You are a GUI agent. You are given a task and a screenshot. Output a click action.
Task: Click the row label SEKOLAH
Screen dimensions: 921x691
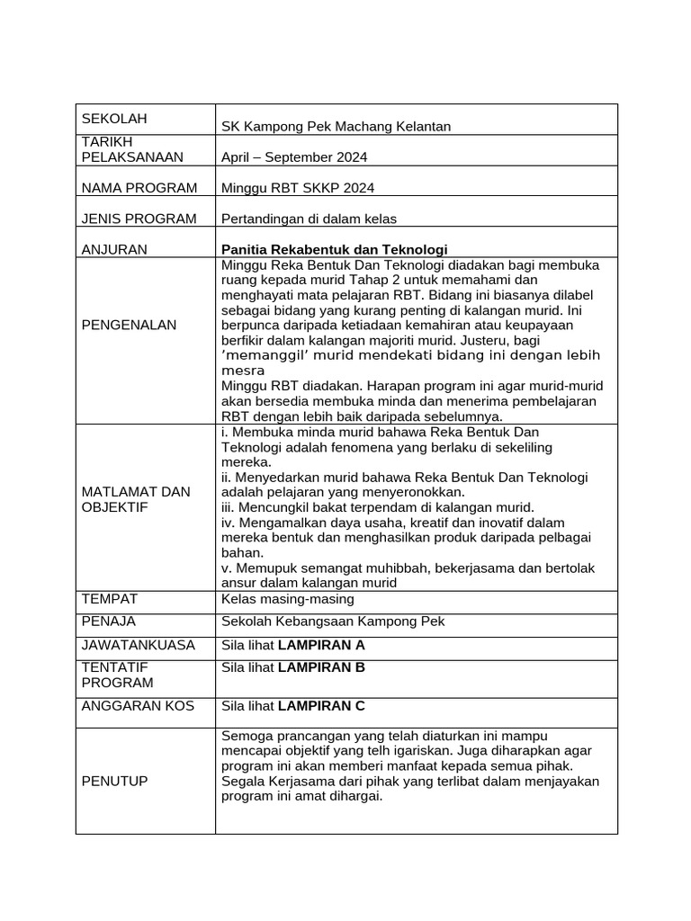tap(114, 119)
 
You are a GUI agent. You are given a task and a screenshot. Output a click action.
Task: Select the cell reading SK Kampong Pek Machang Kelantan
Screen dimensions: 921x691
tap(336, 127)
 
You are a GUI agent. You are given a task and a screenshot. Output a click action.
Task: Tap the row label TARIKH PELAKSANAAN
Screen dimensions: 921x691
tap(132, 149)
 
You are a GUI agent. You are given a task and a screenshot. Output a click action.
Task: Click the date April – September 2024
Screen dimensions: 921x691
tap(294, 157)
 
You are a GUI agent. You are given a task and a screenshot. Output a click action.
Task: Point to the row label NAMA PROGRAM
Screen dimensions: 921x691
tap(139, 188)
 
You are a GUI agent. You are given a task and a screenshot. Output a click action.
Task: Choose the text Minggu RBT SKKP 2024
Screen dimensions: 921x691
tap(298, 188)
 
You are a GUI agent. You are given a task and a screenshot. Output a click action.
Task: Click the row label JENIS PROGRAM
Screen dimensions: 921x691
tap(139, 219)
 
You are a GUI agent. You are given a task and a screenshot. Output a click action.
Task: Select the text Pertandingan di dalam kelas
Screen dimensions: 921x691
tap(309, 219)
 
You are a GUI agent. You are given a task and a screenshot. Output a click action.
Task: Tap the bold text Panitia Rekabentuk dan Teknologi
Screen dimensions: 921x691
tap(334, 249)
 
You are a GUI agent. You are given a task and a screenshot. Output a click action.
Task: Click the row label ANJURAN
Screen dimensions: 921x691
tap(114, 249)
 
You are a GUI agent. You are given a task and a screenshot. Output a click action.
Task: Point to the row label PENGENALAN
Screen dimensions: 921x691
tap(130, 325)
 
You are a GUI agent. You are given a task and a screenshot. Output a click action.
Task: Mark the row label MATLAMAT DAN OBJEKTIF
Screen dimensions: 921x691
tap(136, 499)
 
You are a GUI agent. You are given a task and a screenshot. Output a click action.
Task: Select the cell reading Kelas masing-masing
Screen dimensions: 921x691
tap(287, 599)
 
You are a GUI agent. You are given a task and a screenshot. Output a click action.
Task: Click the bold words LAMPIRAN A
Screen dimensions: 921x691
tap(321, 645)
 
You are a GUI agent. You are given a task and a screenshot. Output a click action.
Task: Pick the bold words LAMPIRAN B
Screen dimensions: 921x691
tap(321, 667)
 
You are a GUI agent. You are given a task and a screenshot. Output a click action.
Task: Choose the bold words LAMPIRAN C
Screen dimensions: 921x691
tap(321, 706)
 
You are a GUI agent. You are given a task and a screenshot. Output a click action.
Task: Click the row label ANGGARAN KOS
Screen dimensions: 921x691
tap(138, 706)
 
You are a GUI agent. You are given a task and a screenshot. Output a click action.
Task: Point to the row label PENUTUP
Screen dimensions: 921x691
tap(114, 782)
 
